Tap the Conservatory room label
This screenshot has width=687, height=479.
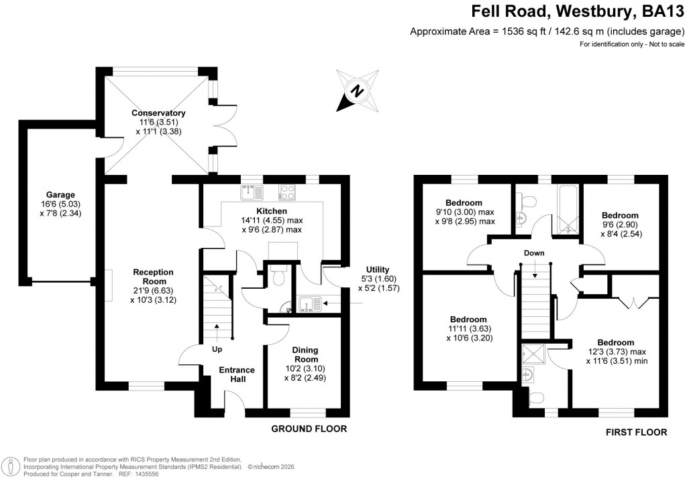pos(158,113)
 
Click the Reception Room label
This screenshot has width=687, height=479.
pos(153,272)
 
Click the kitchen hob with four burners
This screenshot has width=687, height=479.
pos(287,192)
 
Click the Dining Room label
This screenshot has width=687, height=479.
pos(305,354)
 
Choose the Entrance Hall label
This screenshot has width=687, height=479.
pos(237,374)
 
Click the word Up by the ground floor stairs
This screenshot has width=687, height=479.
pos(217,349)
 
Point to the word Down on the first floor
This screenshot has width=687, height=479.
pos(534,253)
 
